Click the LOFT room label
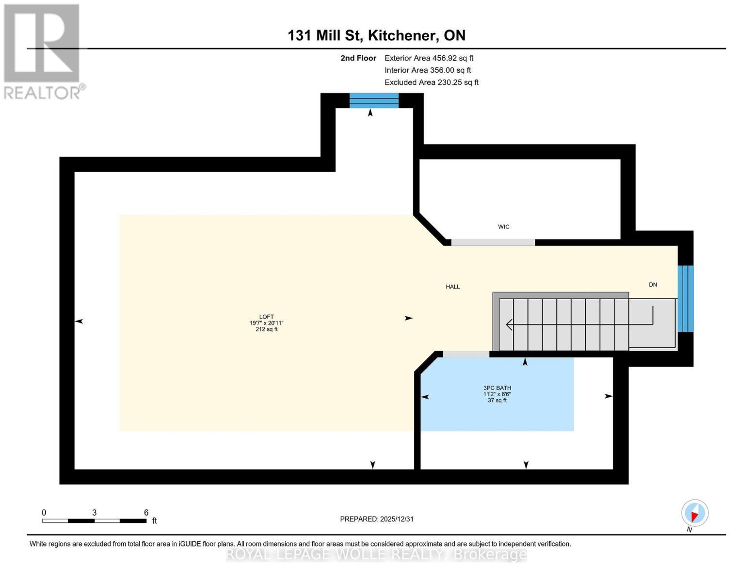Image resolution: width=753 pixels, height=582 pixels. pyautogui.click(x=267, y=317)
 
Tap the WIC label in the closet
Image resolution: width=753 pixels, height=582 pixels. pyautogui.click(x=503, y=226)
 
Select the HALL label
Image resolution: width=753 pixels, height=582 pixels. pyautogui.click(x=452, y=287)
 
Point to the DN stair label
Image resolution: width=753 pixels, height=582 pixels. pyautogui.click(x=653, y=285)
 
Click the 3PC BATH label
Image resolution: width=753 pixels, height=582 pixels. pyautogui.click(x=497, y=388)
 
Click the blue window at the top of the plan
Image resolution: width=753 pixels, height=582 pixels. pyautogui.click(x=374, y=100)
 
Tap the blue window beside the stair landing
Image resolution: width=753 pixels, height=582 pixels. pyautogui.click(x=686, y=298)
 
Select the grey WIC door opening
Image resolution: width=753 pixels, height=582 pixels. pyautogui.click(x=493, y=242)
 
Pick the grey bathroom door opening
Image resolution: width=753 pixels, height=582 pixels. pyautogui.click(x=466, y=354)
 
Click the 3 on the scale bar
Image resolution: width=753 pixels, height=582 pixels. pyautogui.click(x=94, y=513)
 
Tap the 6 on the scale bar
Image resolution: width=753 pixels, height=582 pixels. pyautogui.click(x=146, y=513)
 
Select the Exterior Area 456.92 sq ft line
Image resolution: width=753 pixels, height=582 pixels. pyautogui.click(x=429, y=58)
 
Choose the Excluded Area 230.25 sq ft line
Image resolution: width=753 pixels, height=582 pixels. pyautogui.click(x=432, y=82)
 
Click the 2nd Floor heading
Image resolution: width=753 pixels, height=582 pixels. pyautogui.click(x=358, y=58)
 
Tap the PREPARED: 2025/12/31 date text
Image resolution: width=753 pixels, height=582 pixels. pyautogui.click(x=377, y=519)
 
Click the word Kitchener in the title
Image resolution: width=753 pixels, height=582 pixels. pyautogui.click(x=401, y=35)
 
